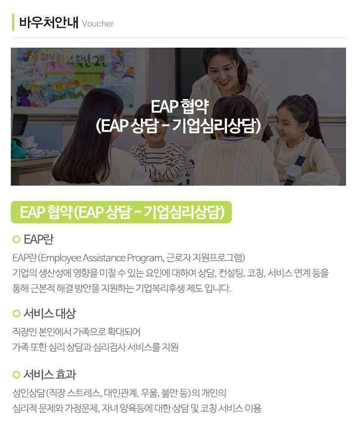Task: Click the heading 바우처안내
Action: pos(49,23)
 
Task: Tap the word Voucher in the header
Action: pos(98,24)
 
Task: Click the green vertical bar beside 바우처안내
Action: pos(13,22)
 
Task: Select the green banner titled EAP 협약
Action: pos(121,212)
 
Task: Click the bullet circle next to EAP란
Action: pos(17,239)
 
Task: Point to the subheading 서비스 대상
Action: pos(49,313)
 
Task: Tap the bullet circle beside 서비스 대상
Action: pos(17,313)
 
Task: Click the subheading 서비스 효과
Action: pos(49,374)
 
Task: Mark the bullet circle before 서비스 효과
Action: pos(17,374)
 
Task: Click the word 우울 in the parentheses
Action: pos(148,393)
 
